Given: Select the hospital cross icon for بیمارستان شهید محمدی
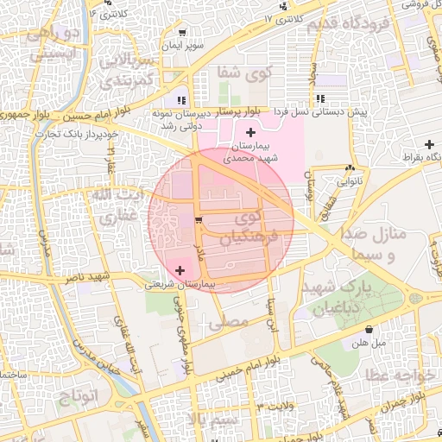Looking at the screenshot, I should coord(250,132).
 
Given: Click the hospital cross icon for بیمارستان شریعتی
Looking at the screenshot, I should coord(180,272).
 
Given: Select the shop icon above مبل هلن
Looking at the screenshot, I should coord(369,330).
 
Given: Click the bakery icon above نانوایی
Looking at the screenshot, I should coord(350,169).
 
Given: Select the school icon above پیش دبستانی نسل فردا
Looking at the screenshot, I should coord(321,99).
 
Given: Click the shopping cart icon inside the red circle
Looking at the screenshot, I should coord(199,222).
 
